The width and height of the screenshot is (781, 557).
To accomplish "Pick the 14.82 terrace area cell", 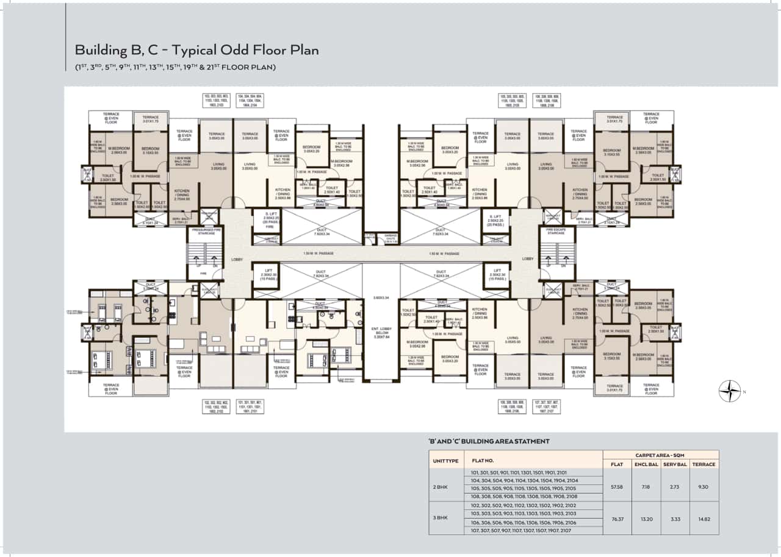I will pos(704,519).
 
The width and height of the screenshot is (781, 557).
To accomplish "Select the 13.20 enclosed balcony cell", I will pos(646,519).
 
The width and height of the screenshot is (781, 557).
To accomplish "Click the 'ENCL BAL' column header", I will pos(646,464).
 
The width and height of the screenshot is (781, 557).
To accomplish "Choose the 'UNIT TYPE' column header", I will pos(445,461).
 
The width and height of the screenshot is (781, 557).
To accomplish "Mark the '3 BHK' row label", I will pos(441,517).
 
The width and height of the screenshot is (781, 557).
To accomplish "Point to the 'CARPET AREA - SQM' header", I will pos(660,455).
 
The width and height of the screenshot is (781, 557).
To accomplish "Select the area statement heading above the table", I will pos(489,441).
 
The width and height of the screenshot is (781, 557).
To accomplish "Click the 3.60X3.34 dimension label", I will pos(381,298).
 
